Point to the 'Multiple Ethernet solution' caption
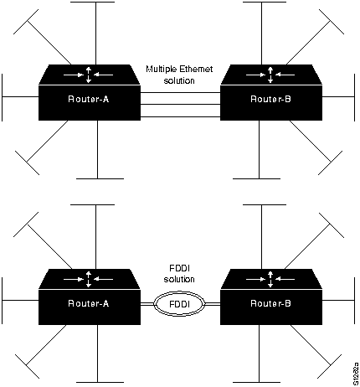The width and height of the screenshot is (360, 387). [x=182, y=75]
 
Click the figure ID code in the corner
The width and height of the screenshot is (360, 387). [x=355, y=361]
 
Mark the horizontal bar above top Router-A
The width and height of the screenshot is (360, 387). [x=99, y=3]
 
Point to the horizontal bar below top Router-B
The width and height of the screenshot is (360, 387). [x=256, y=178]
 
